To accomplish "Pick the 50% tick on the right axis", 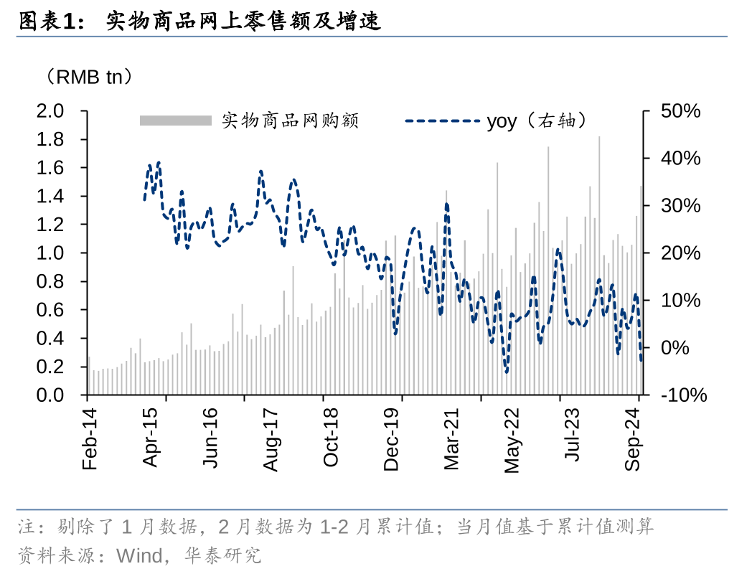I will [x=680, y=111].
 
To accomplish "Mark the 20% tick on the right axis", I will [x=680, y=253].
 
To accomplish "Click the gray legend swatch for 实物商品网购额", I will [x=176, y=121].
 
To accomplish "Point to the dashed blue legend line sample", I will [x=442, y=121].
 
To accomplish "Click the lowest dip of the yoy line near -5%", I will [x=507, y=371].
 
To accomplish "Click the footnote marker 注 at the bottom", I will [x=27, y=527].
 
